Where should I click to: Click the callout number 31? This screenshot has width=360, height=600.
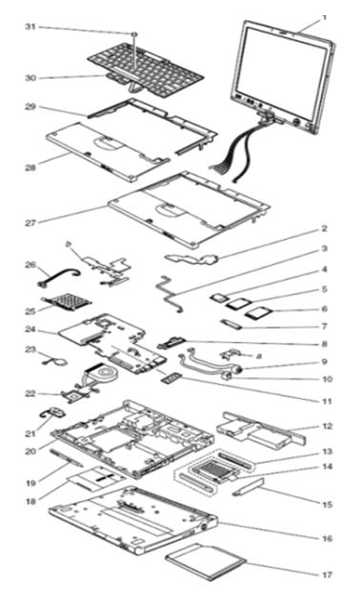[x=30, y=27]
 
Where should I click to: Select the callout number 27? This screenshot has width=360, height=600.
[x=30, y=222]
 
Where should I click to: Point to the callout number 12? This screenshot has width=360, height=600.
[x=327, y=426]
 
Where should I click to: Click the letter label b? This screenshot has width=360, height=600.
[x=69, y=244]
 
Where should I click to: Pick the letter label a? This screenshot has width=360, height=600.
[x=259, y=356]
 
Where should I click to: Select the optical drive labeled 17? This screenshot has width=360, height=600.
[x=206, y=562]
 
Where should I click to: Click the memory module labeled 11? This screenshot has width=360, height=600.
[x=170, y=378]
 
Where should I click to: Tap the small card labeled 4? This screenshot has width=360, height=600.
[x=219, y=297]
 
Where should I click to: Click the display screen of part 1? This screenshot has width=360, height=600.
[x=282, y=73]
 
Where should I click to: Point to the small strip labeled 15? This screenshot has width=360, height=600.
[x=248, y=487]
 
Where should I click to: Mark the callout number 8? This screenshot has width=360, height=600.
[x=325, y=344]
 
